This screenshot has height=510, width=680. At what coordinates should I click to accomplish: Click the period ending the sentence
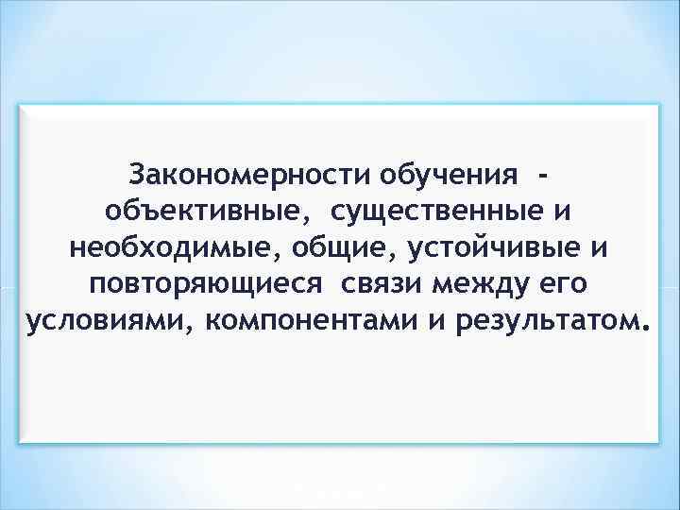coord(645,330)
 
